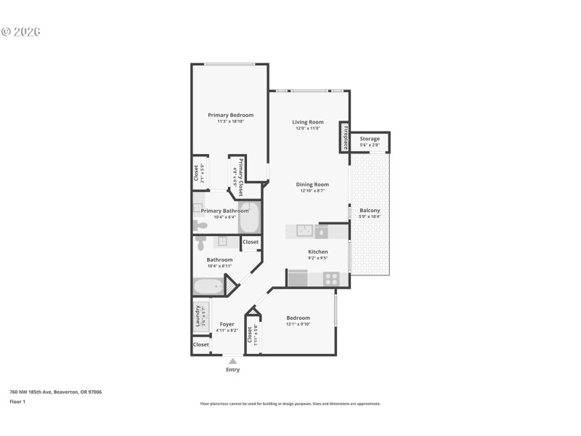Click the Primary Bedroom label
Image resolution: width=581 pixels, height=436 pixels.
tap(230, 115)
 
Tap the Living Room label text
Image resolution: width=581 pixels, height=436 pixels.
tap(308, 122)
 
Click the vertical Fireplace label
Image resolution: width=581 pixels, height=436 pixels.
tap(346, 137)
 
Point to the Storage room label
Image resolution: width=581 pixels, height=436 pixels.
tap(370, 138)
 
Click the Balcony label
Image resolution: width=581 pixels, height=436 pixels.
tap(370, 211)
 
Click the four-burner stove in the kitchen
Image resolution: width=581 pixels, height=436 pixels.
tap(330, 278)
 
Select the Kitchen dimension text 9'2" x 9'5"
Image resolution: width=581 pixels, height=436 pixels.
tap(318, 258)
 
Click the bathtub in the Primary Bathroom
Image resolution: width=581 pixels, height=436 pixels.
tap(249, 217)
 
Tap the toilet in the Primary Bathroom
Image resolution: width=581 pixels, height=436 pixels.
tap(200, 225)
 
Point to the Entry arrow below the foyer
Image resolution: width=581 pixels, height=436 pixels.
tap(232, 360)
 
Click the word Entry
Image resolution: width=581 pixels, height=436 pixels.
tap(232, 370)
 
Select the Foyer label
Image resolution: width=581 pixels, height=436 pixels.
tap(227, 324)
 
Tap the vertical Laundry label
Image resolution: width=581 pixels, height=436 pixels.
tap(197, 317)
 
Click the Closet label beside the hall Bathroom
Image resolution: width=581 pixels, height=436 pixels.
tap(251, 242)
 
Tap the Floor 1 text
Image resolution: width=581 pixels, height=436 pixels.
tap(17, 401)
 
